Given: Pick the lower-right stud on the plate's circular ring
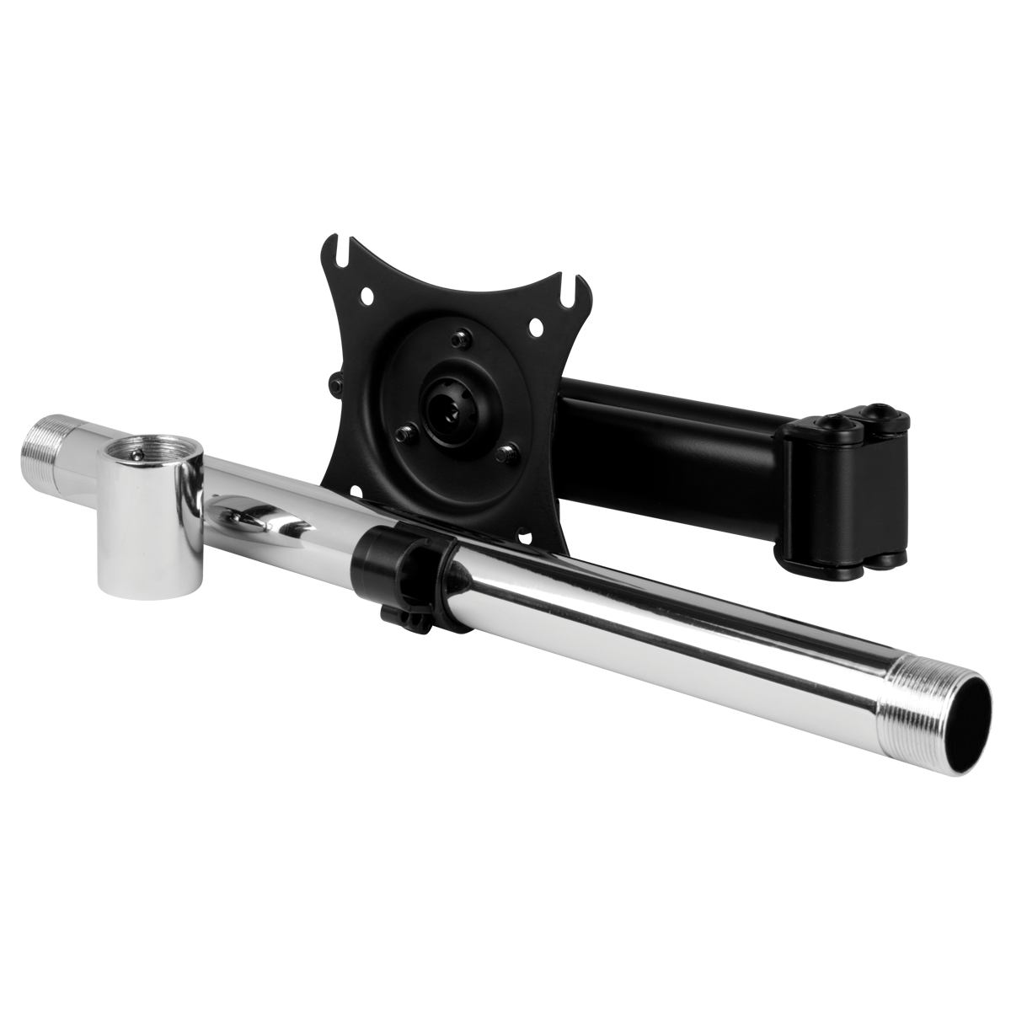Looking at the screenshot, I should pyautogui.click(x=505, y=454).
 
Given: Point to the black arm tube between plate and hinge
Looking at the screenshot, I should pyautogui.click(x=666, y=447).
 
